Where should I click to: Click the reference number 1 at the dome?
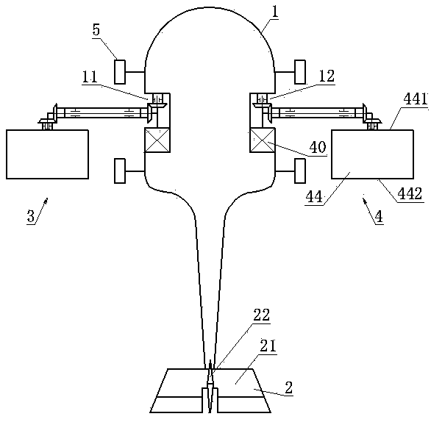[275, 12]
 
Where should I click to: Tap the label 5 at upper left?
[96, 29]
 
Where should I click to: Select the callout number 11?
[90, 76]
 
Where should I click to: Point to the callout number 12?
[327, 76]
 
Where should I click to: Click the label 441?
[416, 99]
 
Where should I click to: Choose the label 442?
[410, 193]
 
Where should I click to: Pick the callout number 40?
[318, 147]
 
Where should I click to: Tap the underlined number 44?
[314, 197]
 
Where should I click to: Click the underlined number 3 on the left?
[31, 216]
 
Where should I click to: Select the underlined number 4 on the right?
[379, 216]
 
